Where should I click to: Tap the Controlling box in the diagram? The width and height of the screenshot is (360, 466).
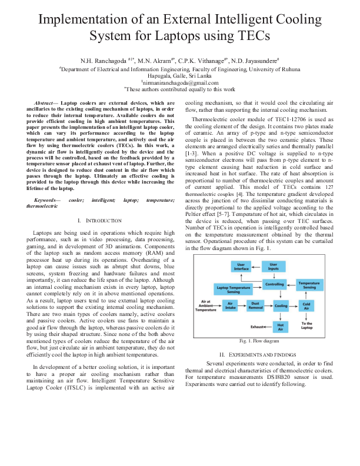click(274, 285)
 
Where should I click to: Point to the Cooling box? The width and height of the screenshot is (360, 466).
click(281, 306)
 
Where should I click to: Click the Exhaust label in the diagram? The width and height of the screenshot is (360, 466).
click(257, 326)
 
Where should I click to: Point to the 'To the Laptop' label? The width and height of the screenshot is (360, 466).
click(307, 325)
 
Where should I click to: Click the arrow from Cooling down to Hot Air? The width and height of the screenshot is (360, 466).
click(281, 316)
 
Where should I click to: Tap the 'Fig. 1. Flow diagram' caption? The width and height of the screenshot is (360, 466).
click(259, 341)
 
